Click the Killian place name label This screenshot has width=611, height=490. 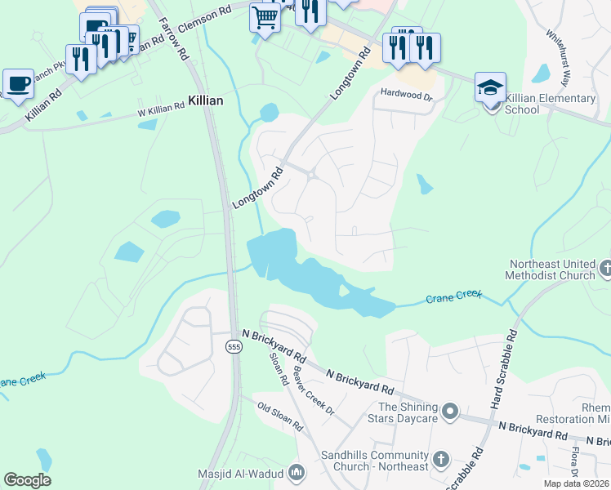click(205, 99)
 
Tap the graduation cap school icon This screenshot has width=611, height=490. click(490, 87)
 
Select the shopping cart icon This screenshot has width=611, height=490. click(265, 16)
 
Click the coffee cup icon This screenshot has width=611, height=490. click(18, 82)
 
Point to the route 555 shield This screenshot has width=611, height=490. click(234, 347)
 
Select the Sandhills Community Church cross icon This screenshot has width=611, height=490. click(440, 460)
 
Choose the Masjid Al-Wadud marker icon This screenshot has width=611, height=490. click(297, 473)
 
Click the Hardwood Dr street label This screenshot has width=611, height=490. click(404, 96)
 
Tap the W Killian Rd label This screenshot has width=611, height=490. click(160, 111)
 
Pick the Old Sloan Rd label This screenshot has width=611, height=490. click(279, 416)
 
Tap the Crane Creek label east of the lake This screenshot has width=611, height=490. click(453, 299)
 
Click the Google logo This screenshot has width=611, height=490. click(27, 480)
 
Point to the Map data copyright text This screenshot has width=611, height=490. click(576, 483)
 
